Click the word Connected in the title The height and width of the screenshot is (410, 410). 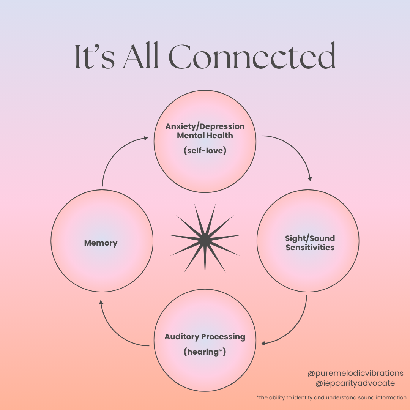pyautogui.click(x=252, y=55)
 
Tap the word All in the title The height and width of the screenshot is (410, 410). pyautogui.click(x=140, y=56)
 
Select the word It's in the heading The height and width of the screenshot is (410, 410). pyautogui.click(x=95, y=57)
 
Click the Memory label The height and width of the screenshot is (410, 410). pyautogui.click(x=101, y=243)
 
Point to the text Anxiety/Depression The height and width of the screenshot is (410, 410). pyautogui.click(x=205, y=126)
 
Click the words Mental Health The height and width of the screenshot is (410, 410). pyautogui.click(x=205, y=136)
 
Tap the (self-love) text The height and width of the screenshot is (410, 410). pyautogui.click(x=205, y=150)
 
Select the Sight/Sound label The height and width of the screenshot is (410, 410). pyautogui.click(x=310, y=238)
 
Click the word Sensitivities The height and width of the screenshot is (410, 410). pyautogui.click(x=310, y=248)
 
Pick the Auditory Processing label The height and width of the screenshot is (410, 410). pyautogui.click(x=205, y=337)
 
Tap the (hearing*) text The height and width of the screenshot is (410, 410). pyautogui.click(x=205, y=352)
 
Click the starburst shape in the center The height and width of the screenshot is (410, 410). pyautogui.click(x=205, y=240)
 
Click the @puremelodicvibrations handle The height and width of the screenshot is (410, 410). pyautogui.click(x=355, y=373)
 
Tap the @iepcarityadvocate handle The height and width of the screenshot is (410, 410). pyautogui.click(x=355, y=383)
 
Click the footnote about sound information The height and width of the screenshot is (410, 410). pyautogui.click(x=331, y=397)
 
